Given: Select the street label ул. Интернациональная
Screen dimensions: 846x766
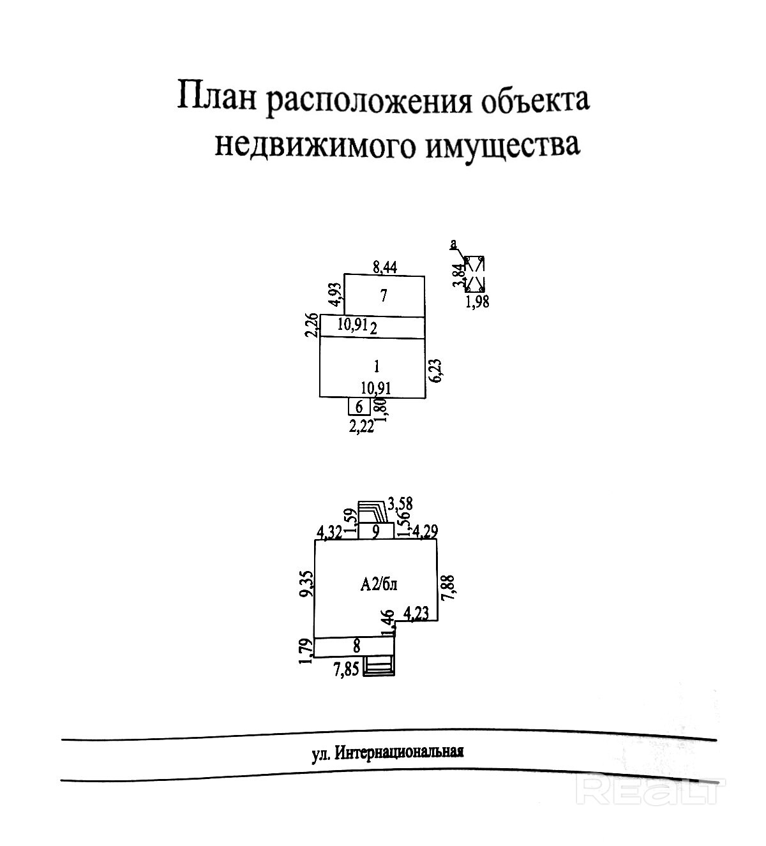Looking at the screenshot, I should click(x=387, y=752).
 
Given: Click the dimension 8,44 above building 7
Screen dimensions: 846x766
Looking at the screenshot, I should click(x=384, y=268).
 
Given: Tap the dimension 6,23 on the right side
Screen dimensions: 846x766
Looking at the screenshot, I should click(x=436, y=370).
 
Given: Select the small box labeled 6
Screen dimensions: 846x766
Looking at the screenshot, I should click(x=359, y=406).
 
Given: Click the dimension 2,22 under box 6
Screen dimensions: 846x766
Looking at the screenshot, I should click(x=361, y=427).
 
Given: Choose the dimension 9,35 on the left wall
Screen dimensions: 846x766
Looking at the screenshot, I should click(x=306, y=583).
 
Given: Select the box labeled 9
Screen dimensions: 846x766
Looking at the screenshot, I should click(x=376, y=531).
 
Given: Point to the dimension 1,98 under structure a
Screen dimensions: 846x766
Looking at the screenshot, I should click(x=477, y=302).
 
